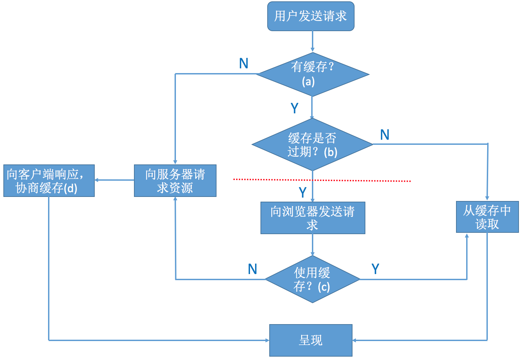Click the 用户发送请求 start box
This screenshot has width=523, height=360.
point(311,16)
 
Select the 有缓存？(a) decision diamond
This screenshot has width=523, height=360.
point(312,74)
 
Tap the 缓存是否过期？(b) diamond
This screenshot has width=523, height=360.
point(312,144)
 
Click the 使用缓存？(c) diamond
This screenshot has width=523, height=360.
point(312,279)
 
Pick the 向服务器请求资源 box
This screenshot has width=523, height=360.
point(175,181)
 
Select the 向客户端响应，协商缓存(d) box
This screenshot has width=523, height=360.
point(49,181)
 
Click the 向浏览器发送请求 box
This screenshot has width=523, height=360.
point(313,218)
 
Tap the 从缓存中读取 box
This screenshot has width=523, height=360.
point(487,217)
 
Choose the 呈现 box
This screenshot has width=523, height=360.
point(311,340)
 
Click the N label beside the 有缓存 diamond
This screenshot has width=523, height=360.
point(244,64)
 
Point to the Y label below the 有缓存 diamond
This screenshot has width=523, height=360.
point(295,108)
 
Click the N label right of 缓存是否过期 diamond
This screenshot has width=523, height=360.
point(385,135)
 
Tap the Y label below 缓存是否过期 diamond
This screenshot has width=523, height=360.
point(303,193)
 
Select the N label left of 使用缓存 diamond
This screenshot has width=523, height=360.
point(252,269)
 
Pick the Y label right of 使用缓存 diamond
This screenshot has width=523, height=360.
point(375,269)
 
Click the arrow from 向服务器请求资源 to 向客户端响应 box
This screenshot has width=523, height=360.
point(114,180)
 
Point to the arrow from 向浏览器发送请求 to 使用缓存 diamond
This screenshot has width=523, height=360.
point(313,245)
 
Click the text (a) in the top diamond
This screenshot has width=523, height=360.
point(308,82)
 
